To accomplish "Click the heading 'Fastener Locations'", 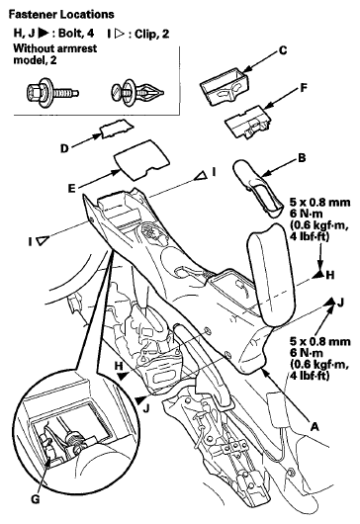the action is [x=61, y=15].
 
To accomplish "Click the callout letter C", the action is [x=283, y=50].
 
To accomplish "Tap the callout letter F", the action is [x=304, y=88].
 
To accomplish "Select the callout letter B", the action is [x=302, y=157].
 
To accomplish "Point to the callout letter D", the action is [x=64, y=148].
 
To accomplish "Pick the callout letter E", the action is [x=71, y=189].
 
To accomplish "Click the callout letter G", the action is [x=35, y=499].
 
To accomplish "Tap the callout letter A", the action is [x=315, y=427].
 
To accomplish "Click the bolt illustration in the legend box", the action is [x=52, y=91].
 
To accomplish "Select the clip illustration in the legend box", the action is [x=137, y=91].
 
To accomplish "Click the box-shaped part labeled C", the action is [x=225, y=86].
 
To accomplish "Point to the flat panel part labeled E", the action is [x=141, y=160].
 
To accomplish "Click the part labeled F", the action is [x=249, y=122].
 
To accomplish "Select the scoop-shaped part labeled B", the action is [x=257, y=187].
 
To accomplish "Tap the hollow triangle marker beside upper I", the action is [x=201, y=175].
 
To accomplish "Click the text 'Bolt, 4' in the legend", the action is [x=76, y=34].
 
